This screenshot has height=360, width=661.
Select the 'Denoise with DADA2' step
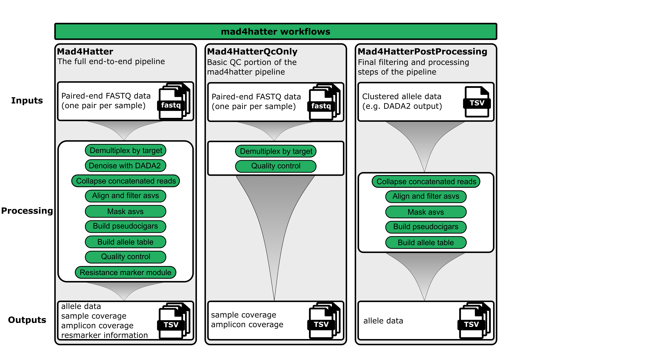(x=125, y=166)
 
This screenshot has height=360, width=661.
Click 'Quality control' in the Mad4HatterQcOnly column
(x=276, y=166)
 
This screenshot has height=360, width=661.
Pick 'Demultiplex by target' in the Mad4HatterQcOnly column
(x=276, y=151)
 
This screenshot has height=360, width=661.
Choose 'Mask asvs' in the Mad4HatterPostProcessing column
(x=426, y=212)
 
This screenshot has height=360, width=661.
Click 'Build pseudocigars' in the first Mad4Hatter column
(x=125, y=226)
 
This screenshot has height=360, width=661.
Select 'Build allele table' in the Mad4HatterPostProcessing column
(x=426, y=242)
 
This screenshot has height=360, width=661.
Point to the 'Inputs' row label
(x=27, y=100)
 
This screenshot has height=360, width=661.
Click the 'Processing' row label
(x=27, y=211)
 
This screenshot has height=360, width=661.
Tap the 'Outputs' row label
(x=27, y=320)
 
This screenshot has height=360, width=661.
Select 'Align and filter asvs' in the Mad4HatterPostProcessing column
(x=426, y=196)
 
